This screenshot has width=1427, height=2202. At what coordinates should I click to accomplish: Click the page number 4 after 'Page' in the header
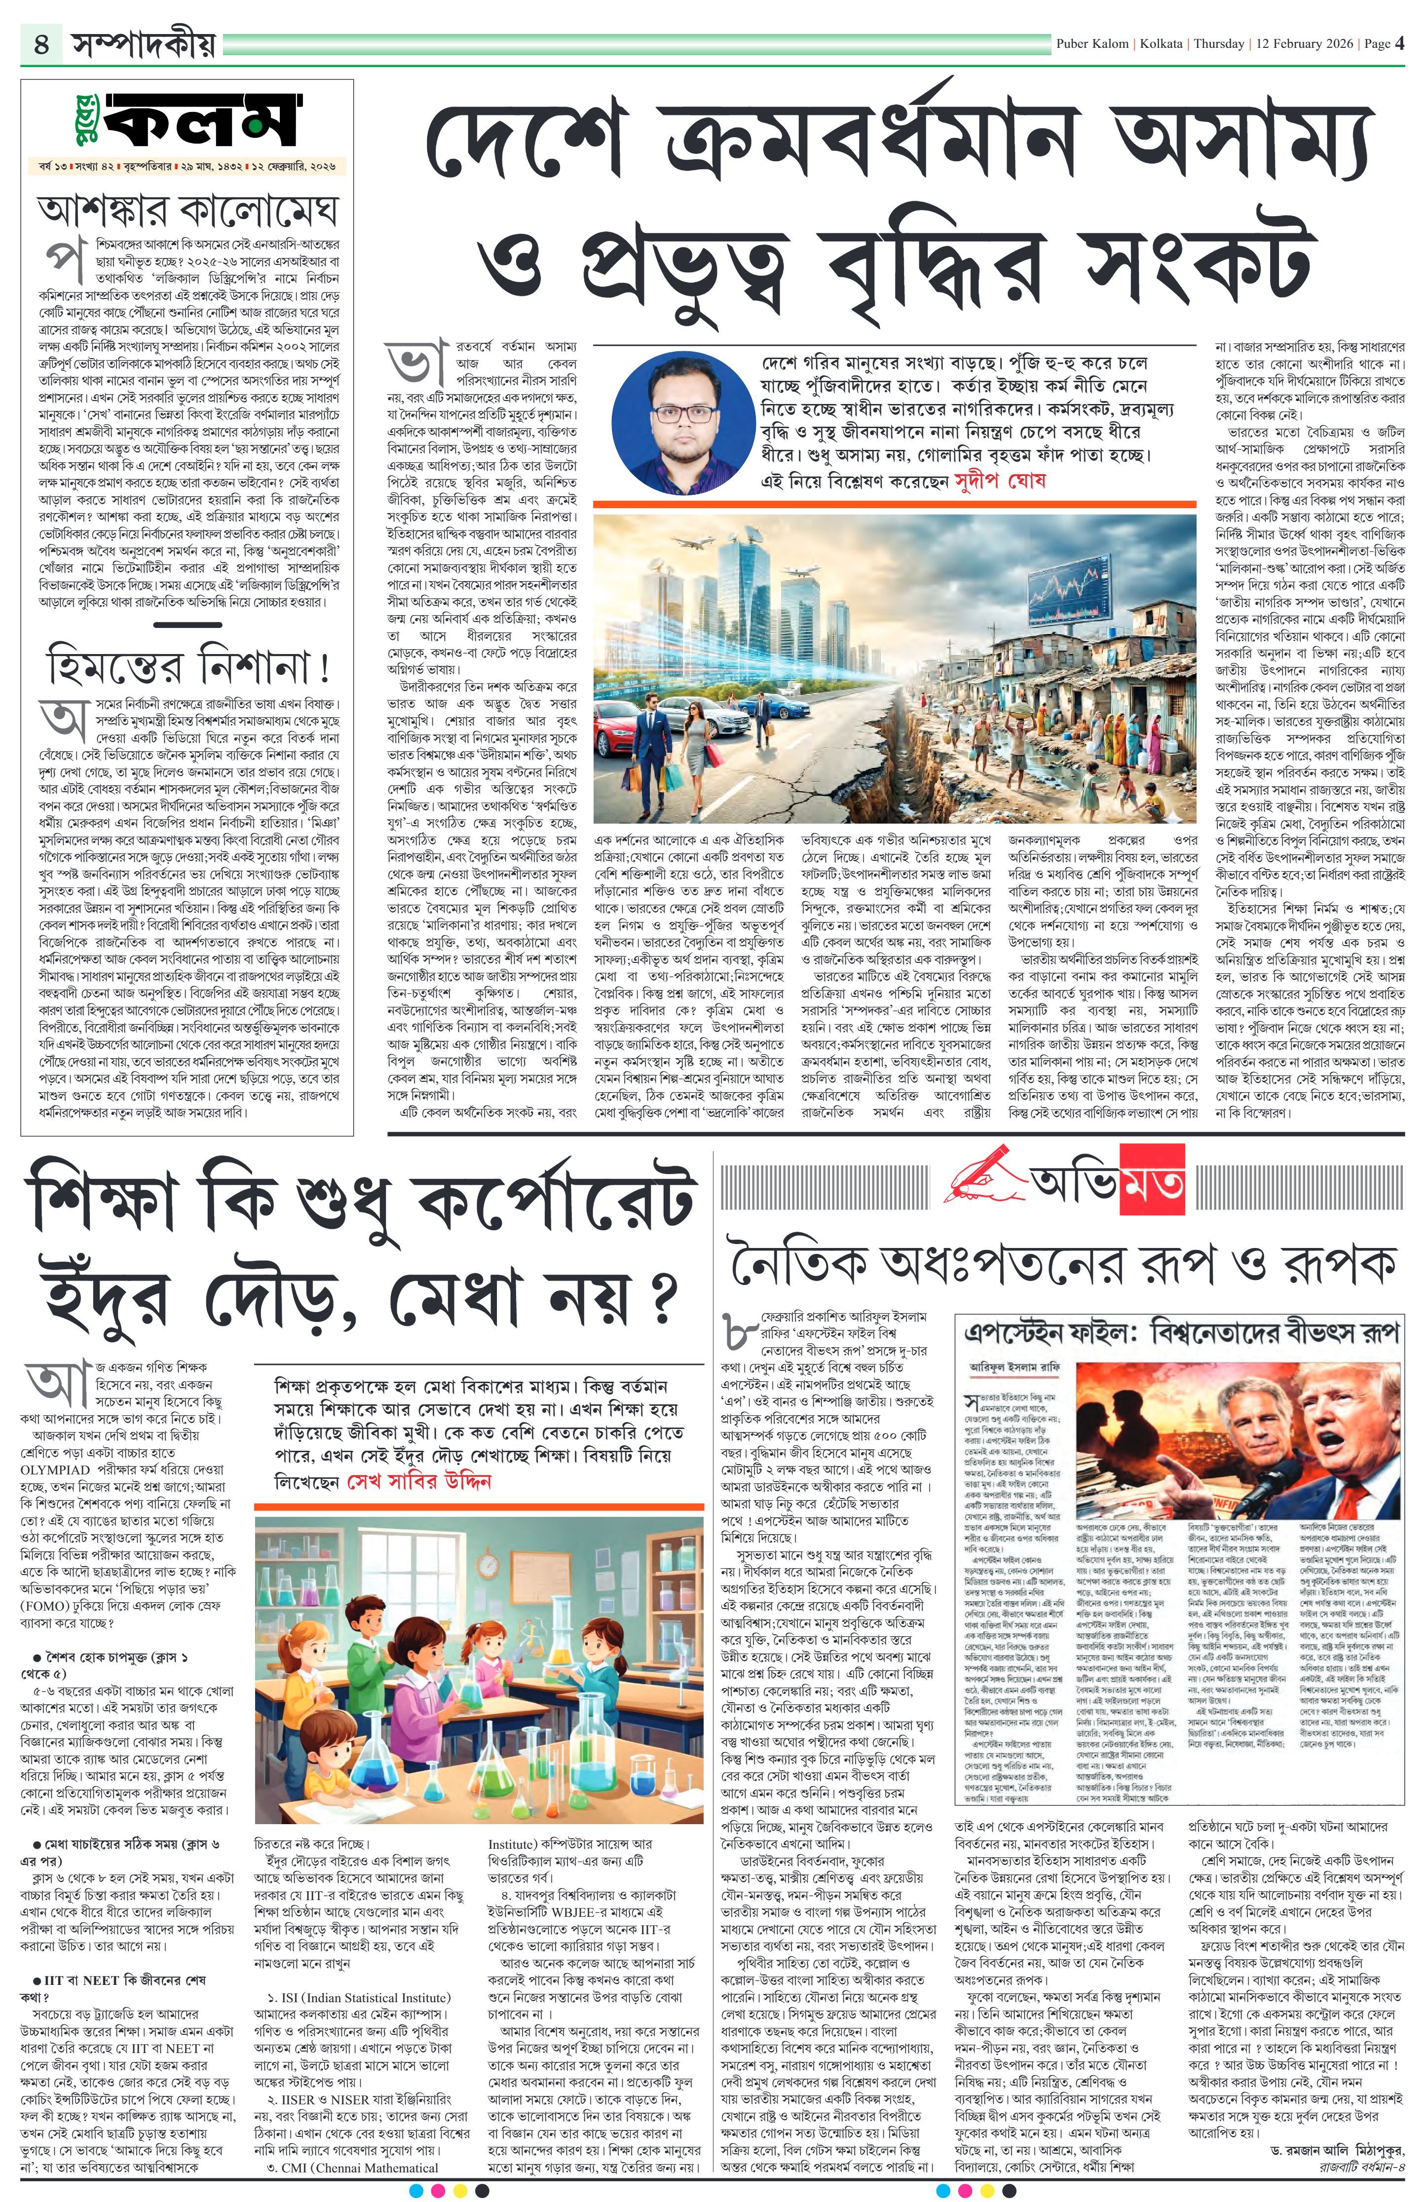point(1400,43)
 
